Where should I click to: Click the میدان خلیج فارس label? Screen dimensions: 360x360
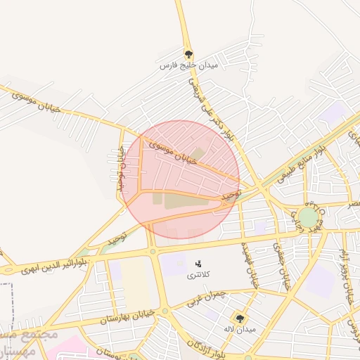coord(188,65)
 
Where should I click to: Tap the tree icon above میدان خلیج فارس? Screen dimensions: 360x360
coord(188,53)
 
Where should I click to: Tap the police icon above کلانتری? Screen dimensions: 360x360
coord(198,264)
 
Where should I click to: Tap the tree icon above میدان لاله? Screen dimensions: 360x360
coord(240,318)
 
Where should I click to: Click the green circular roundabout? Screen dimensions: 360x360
coord(309,217)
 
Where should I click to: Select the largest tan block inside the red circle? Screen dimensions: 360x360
coord(184,201)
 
